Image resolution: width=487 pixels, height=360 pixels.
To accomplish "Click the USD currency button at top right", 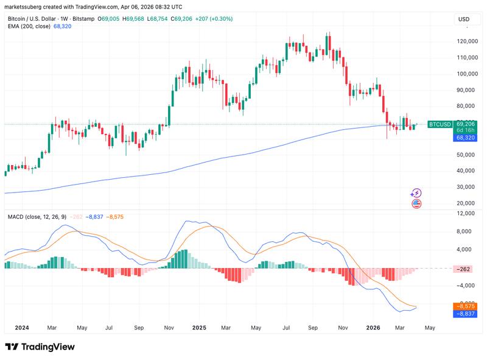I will pos(464,19).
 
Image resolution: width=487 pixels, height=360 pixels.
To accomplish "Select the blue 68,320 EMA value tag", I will pos(466,138).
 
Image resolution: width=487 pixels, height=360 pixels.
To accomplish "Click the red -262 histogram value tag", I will pos(466,269).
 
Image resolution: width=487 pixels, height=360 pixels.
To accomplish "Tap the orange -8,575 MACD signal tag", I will pos(466,306).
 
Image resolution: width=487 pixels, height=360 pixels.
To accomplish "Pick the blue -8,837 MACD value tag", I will pos(466,314).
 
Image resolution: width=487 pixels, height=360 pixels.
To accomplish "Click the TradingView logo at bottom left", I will pos(40,347).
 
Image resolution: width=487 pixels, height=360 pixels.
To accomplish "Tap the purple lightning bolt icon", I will pos(416,193).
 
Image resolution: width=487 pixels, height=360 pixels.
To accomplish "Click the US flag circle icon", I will pos(416,203).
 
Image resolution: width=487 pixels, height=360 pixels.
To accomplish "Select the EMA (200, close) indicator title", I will pos(29,27).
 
